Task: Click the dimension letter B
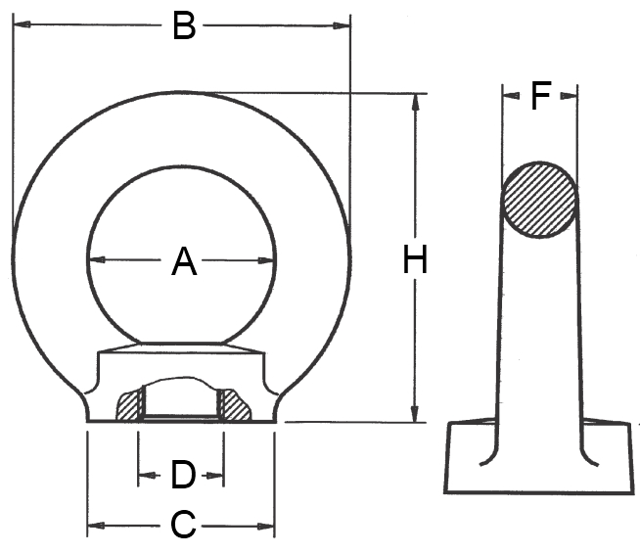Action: pos(184,26)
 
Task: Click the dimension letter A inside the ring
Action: pos(184,261)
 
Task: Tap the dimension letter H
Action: pos(415,259)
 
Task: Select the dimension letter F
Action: pos(541,96)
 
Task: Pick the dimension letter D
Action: pos(183,475)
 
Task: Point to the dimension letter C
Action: pos(183,525)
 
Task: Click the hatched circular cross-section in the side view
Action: pos(539,200)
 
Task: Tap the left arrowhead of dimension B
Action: pos(23,24)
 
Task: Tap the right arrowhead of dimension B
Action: pos(342,25)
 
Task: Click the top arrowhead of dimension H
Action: pos(416,102)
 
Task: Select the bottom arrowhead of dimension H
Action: pos(415,414)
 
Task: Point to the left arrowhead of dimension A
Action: pos(97,259)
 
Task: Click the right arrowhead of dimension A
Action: pos(266,260)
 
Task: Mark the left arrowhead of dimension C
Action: pos(96,525)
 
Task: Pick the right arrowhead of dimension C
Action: pos(266,527)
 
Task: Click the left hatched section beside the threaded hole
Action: pos(129,406)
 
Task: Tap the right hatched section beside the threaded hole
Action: pos(234,405)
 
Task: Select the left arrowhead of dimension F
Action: pos(511,96)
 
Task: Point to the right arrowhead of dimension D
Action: pos(215,476)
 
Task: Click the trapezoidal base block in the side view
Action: pos(539,457)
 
